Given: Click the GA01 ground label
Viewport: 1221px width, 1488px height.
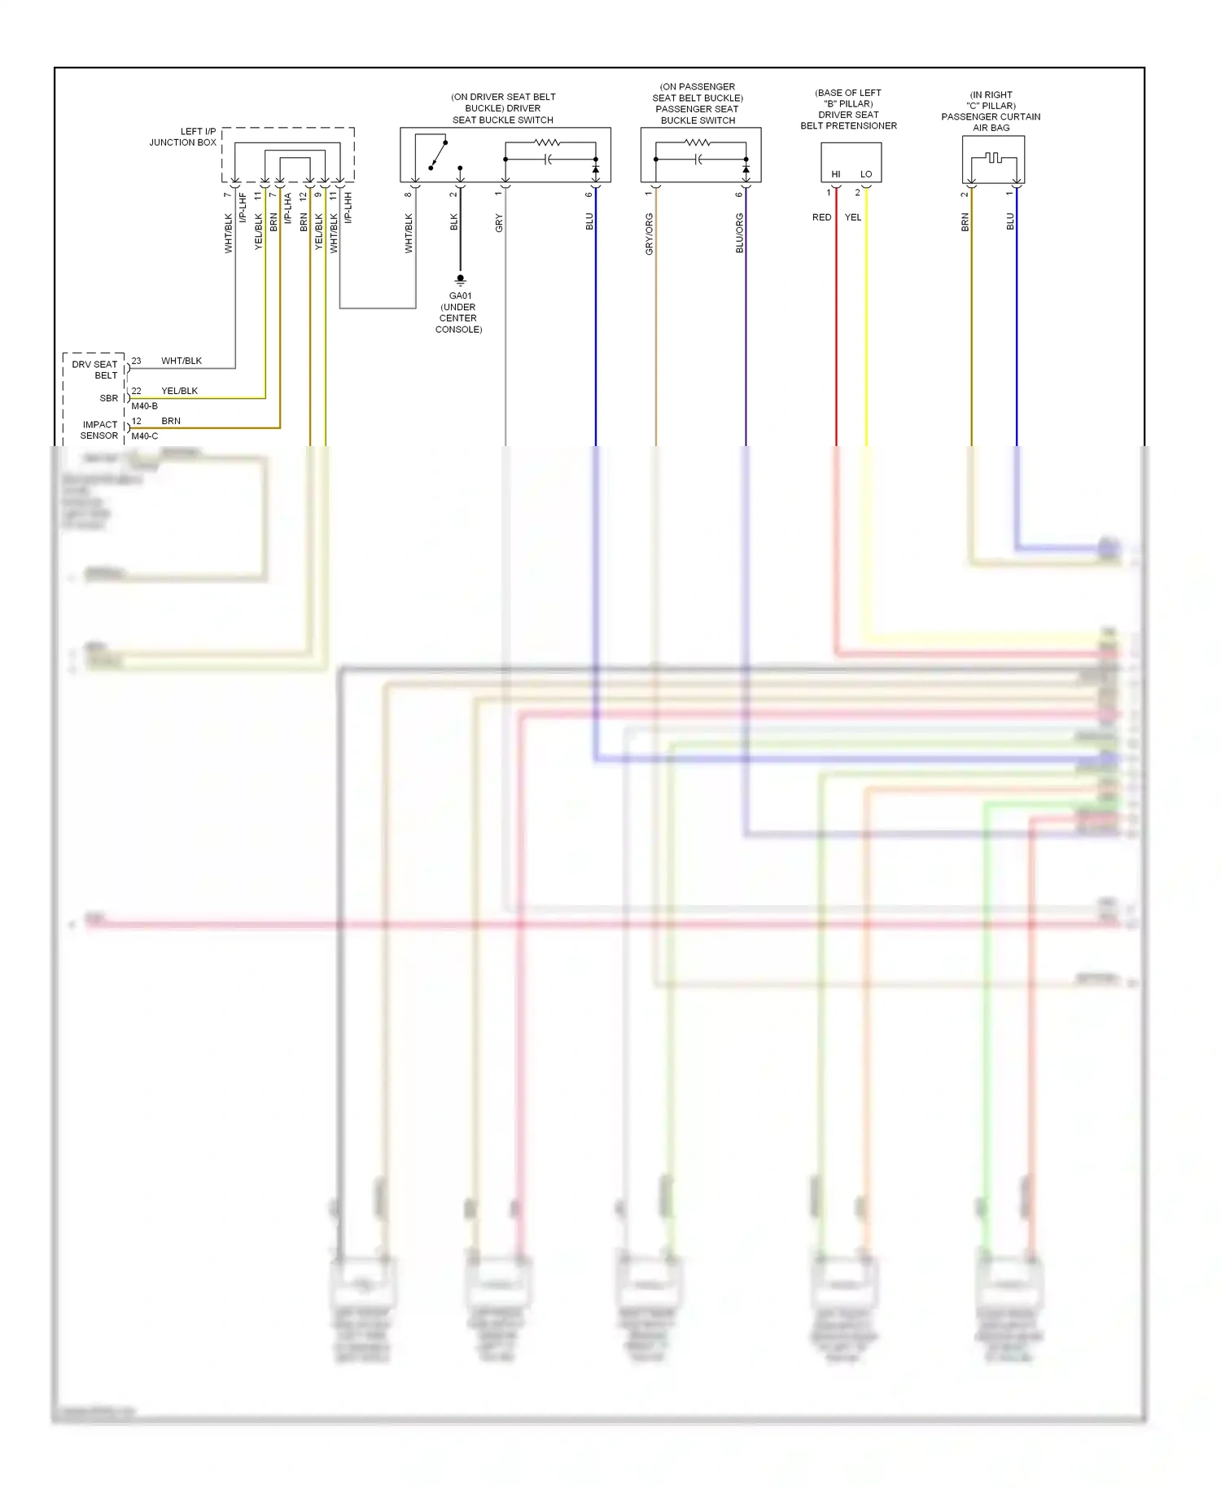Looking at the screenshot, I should point(460,296).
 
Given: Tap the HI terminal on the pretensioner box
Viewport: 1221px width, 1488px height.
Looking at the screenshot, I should point(836,174).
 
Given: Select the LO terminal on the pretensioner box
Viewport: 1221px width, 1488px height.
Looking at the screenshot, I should point(866,174).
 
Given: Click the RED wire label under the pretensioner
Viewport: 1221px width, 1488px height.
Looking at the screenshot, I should point(822,217).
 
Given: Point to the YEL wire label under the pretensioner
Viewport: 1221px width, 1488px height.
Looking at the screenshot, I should point(853,217).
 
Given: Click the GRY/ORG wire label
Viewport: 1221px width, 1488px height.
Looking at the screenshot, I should point(650,234).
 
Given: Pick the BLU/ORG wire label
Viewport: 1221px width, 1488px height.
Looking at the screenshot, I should point(740,234).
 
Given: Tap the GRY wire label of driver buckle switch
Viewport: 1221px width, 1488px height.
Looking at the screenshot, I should point(500,223).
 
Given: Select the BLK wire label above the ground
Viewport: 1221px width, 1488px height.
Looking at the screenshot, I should point(454,222).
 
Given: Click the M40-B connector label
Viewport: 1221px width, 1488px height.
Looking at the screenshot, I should point(145,406).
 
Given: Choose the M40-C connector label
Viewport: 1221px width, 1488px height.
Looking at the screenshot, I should point(145,436).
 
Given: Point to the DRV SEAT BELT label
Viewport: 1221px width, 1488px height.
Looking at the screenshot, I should point(95,370).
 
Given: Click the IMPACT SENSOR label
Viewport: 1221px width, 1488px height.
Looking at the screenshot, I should point(100,430).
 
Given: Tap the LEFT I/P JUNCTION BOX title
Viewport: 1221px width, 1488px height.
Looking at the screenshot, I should point(183,137).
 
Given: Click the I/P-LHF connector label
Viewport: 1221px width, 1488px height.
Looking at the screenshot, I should point(243,208).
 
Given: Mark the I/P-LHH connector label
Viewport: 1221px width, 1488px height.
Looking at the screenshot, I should point(348,208).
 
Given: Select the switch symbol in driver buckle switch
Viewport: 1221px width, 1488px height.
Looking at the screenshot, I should point(438,155).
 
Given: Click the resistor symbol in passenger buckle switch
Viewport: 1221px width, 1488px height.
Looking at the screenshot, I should point(698,143).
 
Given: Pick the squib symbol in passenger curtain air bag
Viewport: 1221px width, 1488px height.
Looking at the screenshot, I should point(993,157).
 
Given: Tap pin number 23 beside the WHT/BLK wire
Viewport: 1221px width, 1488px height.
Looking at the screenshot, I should point(136,361).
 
